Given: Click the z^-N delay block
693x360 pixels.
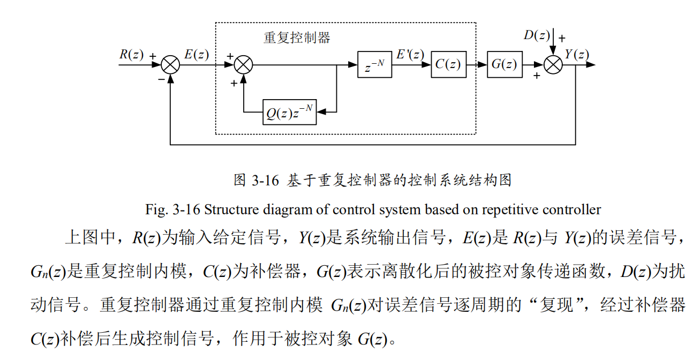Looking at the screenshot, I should pos(374,65).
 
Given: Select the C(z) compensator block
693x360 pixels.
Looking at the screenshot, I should pos(448,65).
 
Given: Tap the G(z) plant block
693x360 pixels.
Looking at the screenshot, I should pos(504,65).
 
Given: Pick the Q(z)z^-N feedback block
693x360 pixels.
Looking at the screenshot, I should pos(289,112).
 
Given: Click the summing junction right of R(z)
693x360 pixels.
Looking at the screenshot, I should pos(170,65).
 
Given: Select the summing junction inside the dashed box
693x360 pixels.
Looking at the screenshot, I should pos(244,65).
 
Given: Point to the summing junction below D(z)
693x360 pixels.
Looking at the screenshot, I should pos(553,65).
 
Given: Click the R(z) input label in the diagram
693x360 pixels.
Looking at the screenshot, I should pos(131,54).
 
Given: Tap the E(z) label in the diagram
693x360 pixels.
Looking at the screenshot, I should pos(197,54).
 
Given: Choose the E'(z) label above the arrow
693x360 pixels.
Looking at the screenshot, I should pos(410,54).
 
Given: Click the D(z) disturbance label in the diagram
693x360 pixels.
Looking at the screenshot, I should pos(537,35).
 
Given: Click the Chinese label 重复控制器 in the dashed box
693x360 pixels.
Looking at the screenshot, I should pos(297,37).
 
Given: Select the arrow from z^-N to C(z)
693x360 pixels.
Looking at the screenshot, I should pos(411,65).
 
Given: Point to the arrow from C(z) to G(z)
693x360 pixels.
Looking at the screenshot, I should pos(476,65).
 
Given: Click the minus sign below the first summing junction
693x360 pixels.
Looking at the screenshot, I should pos(161,79).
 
